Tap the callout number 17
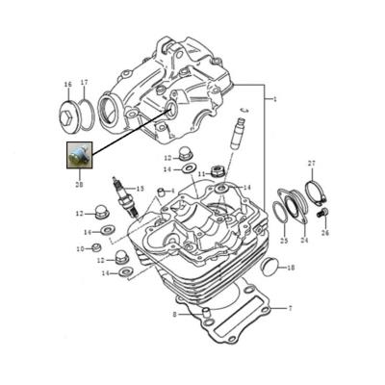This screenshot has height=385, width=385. point(84,84)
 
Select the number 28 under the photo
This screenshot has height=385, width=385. point(78,183)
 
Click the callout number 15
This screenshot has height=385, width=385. point(141,189)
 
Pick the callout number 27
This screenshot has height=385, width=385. point(311,164)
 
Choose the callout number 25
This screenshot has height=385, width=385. point(283,240)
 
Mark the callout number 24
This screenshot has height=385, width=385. point(303,240)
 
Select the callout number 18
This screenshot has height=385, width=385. point(292,267)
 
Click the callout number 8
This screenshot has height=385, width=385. point(174,313)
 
